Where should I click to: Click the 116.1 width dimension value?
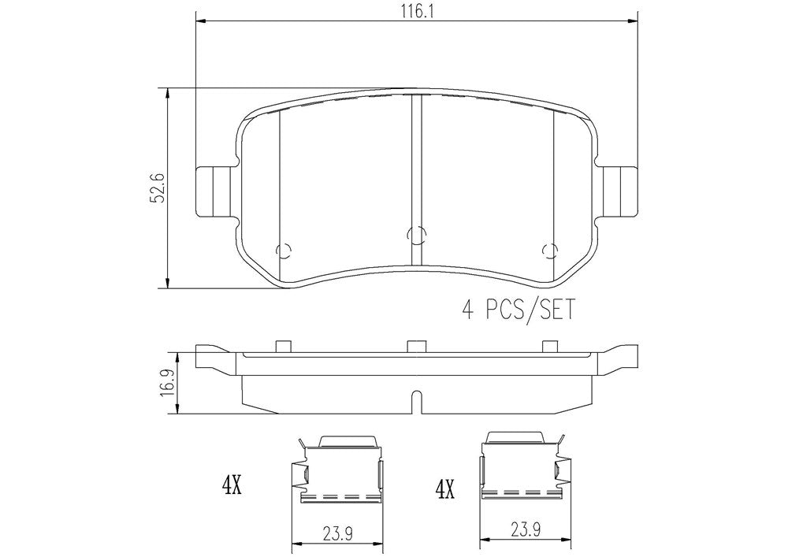[417, 10]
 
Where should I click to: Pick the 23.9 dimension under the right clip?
[526, 530]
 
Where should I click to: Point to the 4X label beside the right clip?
[445, 488]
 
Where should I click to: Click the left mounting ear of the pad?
[214, 191]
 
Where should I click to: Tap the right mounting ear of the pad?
[618, 191]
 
